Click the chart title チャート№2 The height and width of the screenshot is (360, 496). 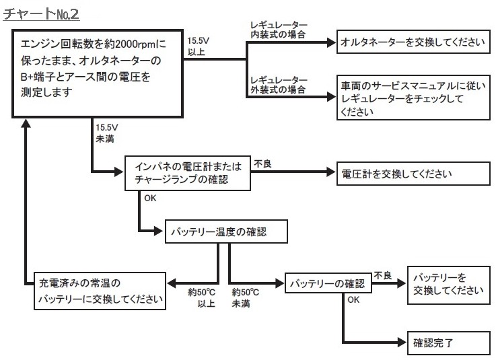click(x=42, y=13)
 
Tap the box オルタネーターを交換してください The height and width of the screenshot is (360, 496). click(x=413, y=42)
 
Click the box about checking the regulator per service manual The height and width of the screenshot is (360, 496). click(x=413, y=98)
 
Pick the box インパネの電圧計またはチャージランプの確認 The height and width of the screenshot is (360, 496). click(x=187, y=174)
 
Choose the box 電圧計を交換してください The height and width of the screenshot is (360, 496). click(x=407, y=174)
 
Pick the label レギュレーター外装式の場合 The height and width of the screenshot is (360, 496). click(x=278, y=84)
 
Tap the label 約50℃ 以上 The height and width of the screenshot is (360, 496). click(x=201, y=299)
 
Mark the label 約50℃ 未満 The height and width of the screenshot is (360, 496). click(x=246, y=299)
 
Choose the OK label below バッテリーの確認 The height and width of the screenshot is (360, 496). click(x=353, y=300)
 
